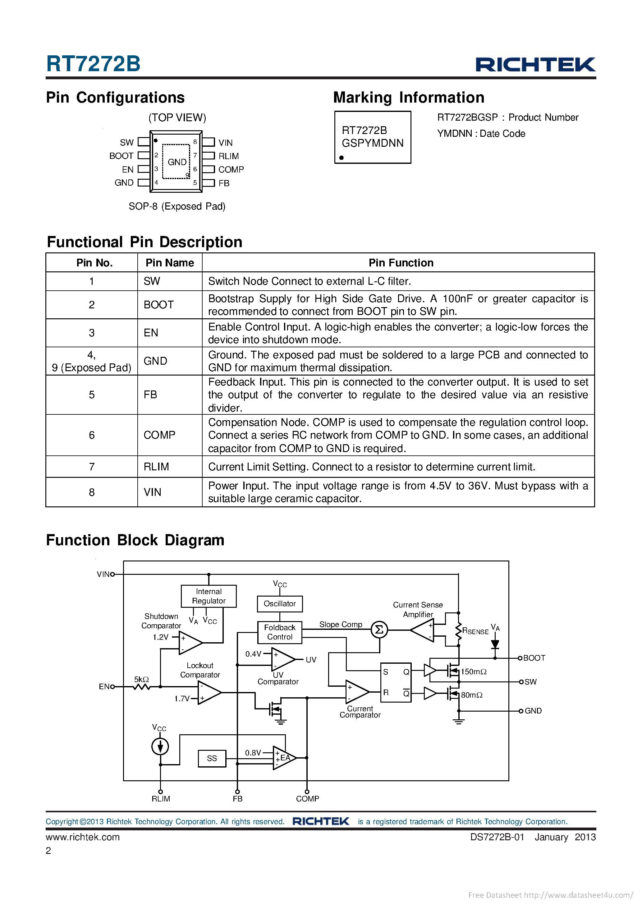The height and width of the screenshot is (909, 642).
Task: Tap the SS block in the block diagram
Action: coord(212,758)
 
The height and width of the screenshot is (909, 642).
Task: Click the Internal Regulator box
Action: coord(209,596)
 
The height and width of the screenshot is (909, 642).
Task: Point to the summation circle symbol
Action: coord(379,630)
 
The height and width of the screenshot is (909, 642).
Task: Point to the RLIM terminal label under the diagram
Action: coord(161,799)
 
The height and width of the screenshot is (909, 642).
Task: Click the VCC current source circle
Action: coord(160,747)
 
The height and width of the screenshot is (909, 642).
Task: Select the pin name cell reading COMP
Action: coord(159,435)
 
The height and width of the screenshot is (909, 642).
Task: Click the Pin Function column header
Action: coord(401,263)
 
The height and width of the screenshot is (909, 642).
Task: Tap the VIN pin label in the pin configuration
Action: coord(226,142)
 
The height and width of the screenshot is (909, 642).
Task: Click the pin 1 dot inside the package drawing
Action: coord(156,141)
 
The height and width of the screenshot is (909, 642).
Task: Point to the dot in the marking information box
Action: coord(342,158)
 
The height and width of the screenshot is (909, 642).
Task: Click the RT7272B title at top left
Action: coord(94,64)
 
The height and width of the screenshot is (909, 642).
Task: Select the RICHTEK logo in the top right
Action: coord(535,65)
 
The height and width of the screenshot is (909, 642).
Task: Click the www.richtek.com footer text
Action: coord(83,837)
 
